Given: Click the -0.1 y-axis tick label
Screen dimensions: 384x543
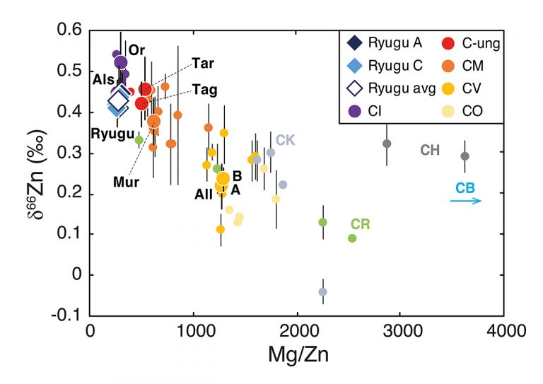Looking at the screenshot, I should point(69,315).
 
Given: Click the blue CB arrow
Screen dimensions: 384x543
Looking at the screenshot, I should point(467,202).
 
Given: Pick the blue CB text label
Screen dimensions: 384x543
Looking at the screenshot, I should point(465,188).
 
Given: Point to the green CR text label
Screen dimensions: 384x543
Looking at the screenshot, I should point(361,224).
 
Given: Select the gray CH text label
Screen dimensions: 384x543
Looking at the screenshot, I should point(430,150).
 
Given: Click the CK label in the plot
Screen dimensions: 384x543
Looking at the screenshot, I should point(285,139).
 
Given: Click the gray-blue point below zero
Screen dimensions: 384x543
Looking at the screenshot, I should point(322,291).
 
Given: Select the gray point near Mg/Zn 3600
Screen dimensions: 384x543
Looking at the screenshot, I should point(465,156).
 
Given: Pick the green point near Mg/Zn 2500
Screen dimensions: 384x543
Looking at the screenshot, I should point(352,238).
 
